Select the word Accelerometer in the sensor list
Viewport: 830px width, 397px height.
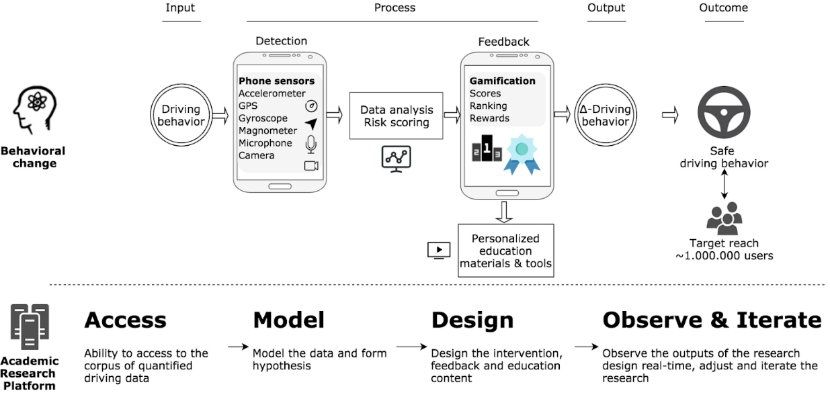coord(272,93)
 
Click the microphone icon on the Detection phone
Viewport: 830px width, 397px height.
coord(310,144)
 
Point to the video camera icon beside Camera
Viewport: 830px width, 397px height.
coord(311,166)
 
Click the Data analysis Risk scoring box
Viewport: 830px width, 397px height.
coord(397,116)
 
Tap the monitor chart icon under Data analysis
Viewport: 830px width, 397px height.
coord(396,159)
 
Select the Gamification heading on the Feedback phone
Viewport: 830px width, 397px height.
coord(502,81)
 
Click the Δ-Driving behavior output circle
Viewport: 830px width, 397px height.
coord(606,115)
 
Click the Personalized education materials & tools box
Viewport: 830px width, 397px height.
coord(505,251)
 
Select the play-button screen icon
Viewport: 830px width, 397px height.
coord(438,250)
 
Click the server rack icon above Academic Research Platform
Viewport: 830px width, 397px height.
coord(30,326)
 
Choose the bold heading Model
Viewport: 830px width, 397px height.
coord(288,320)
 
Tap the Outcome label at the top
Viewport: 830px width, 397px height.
coord(723,8)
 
